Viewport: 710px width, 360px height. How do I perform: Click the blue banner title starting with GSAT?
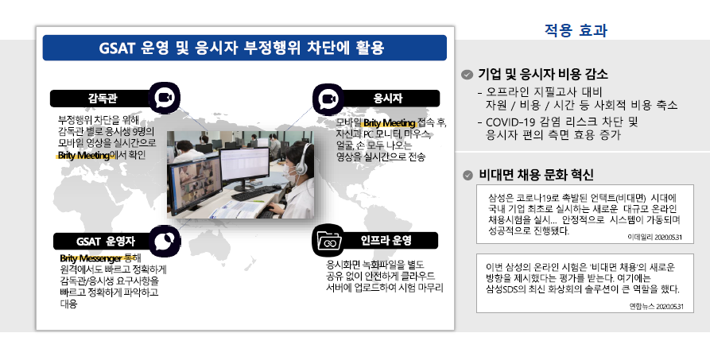pyautogui.click(x=242, y=48)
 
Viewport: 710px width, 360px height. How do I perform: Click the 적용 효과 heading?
pyautogui.click(x=576, y=30)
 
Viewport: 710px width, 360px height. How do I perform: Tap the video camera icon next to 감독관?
pyautogui.click(x=165, y=98)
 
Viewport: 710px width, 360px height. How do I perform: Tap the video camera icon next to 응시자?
pyautogui.click(x=328, y=99)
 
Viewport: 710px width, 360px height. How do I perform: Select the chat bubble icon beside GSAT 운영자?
pyautogui.click(x=165, y=241)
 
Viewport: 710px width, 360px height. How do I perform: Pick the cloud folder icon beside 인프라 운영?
pyautogui.click(x=328, y=240)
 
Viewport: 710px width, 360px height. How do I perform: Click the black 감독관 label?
pyautogui.click(x=103, y=99)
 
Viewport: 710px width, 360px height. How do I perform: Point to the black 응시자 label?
pyautogui.click(x=388, y=99)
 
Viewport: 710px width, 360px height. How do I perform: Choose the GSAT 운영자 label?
pyautogui.click(x=106, y=242)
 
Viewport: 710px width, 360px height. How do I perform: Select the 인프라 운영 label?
pyautogui.click(x=386, y=241)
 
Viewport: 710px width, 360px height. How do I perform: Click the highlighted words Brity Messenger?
pyautogui.click(x=91, y=258)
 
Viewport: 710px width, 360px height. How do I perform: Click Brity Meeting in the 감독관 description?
pyautogui.click(x=83, y=155)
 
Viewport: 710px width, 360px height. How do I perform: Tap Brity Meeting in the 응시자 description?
pyautogui.click(x=389, y=122)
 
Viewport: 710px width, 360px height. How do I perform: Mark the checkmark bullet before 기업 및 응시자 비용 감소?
pyautogui.click(x=467, y=75)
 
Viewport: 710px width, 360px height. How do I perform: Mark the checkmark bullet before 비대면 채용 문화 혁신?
pyautogui.click(x=468, y=176)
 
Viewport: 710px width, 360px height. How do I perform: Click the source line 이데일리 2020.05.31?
pyautogui.click(x=654, y=237)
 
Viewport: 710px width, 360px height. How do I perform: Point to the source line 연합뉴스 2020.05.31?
pyautogui.click(x=656, y=307)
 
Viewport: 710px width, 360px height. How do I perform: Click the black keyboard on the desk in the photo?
pyautogui.click(x=255, y=193)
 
